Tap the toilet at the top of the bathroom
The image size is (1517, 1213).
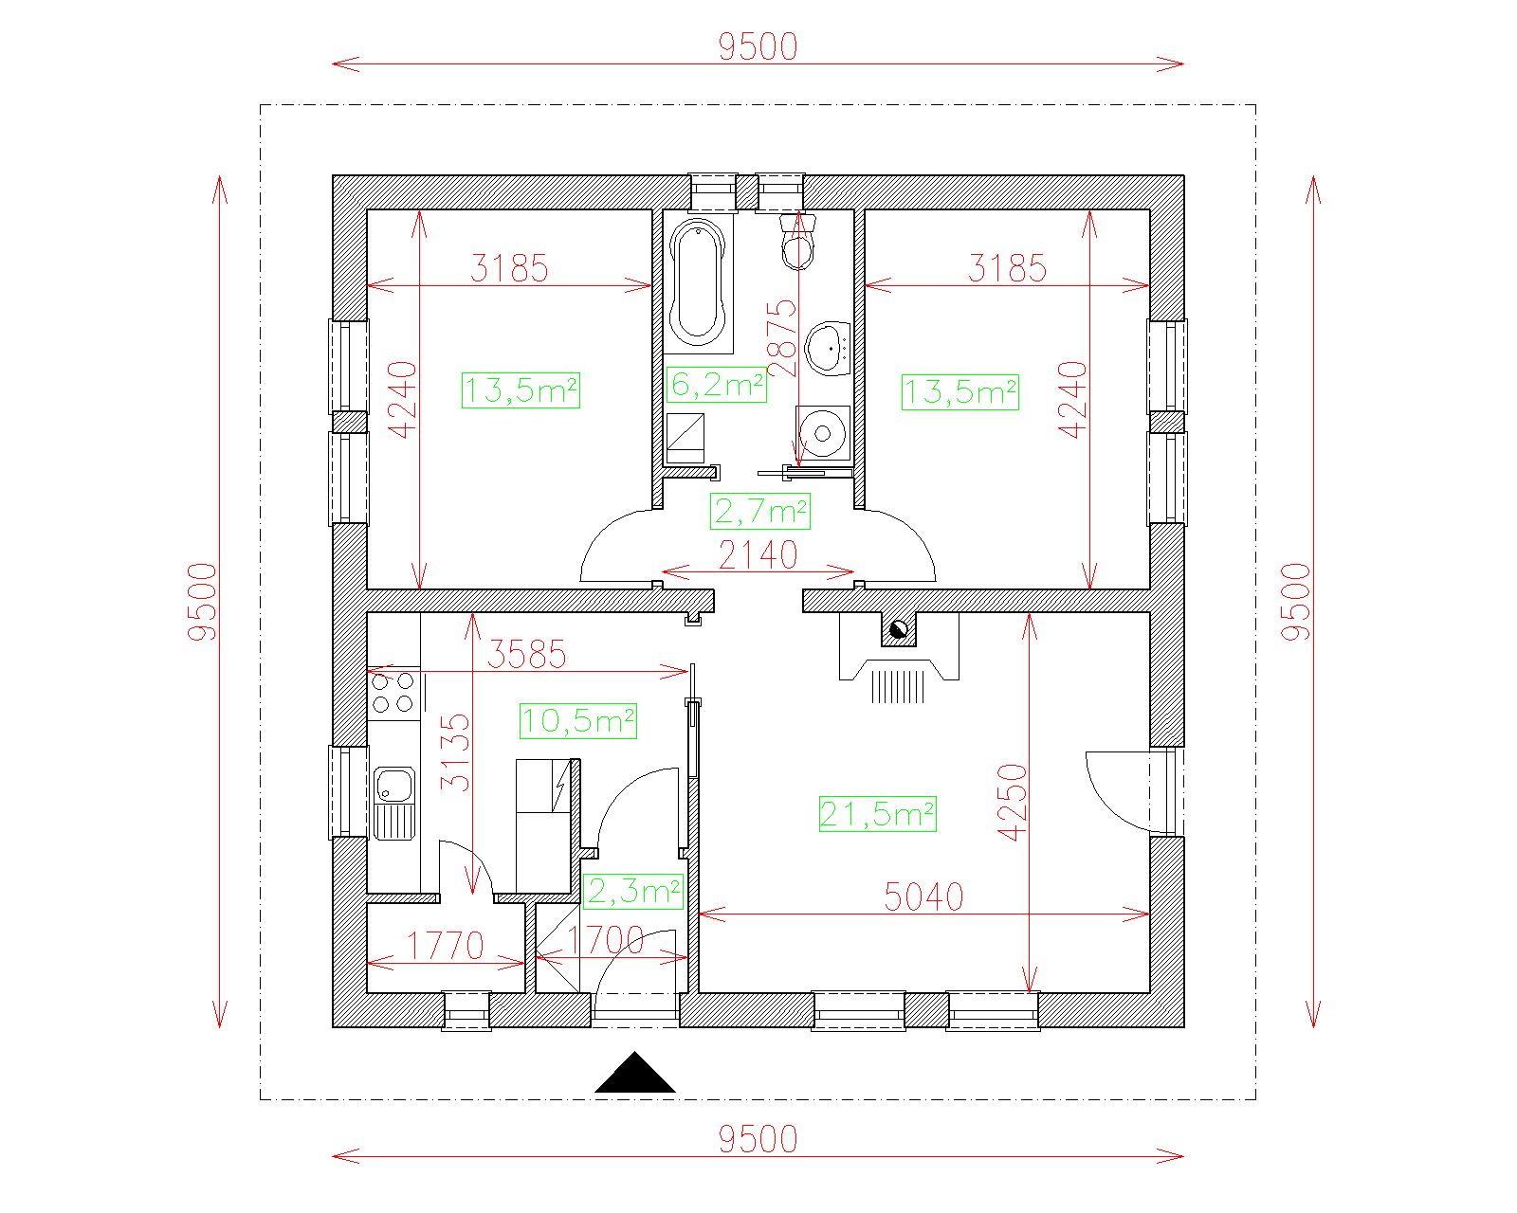[x=798, y=242]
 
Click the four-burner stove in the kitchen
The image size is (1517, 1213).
[x=393, y=693]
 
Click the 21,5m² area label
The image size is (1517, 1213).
[x=877, y=814]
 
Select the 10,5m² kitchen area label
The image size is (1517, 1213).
[x=578, y=720]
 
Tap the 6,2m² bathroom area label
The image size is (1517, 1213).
[x=716, y=385]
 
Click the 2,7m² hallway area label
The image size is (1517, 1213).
[x=759, y=512]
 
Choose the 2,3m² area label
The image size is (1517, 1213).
[x=633, y=892]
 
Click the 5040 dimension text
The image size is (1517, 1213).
[x=923, y=897]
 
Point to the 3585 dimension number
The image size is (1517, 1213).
[x=526, y=654]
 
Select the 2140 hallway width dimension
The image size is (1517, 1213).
[x=758, y=554]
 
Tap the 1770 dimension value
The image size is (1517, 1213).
[x=446, y=946]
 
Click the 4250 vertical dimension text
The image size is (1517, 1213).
[x=1013, y=802]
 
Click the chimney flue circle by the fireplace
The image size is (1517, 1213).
[x=899, y=629]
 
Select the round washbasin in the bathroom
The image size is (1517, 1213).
[x=829, y=348]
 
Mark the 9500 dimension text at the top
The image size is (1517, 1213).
[x=758, y=47]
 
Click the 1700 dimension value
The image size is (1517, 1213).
[x=606, y=939]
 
